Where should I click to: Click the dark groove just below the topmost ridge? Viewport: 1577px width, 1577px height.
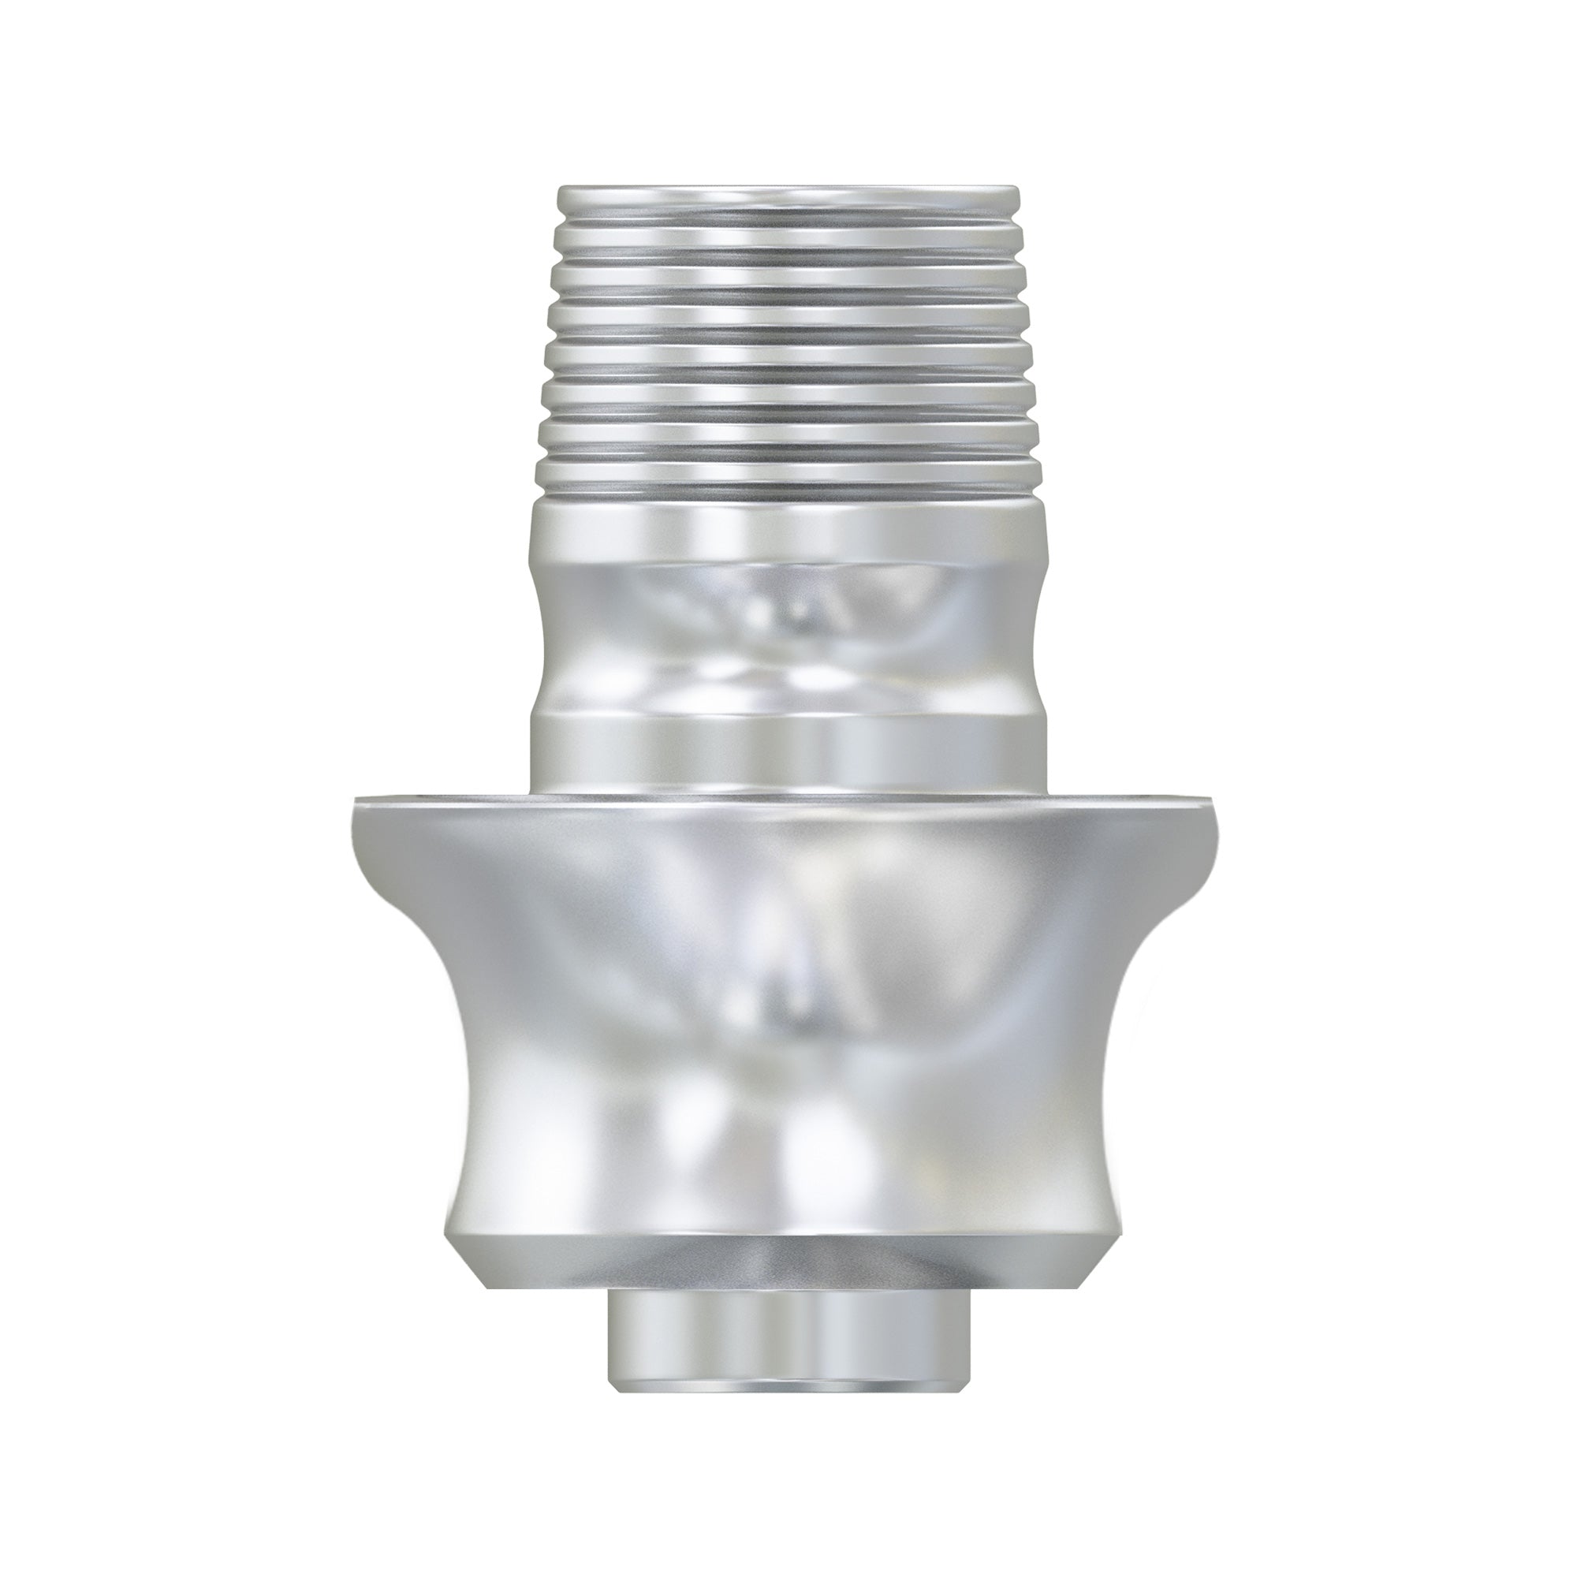788,219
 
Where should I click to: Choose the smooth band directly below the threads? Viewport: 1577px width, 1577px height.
788,531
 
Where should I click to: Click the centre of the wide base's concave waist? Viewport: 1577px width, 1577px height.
788,1020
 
